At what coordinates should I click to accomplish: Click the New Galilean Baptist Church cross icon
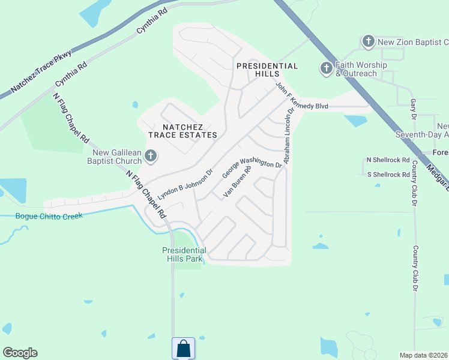[151, 157]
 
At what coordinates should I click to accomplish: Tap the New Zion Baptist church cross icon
[368, 42]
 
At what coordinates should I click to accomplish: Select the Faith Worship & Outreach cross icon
[326, 68]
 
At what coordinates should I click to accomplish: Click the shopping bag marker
[183, 348]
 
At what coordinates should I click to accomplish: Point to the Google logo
[20, 353]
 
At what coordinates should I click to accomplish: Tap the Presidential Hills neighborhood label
[267, 70]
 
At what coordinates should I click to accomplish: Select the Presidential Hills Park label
[184, 254]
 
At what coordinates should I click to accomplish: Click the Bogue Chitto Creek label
[49, 216]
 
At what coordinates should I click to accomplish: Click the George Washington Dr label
[252, 167]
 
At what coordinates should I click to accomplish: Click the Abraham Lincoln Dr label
[289, 136]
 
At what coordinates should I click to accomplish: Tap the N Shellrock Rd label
[388, 161]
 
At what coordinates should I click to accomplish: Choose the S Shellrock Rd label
[388, 175]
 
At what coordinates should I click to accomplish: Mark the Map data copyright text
[424, 355]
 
